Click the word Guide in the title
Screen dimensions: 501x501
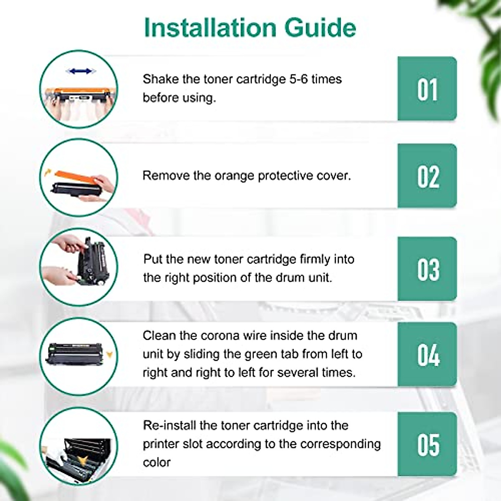click(x=320, y=28)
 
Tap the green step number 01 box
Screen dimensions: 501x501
click(x=427, y=89)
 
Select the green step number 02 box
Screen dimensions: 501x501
click(x=427, y=176)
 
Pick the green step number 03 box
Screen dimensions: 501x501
click(x=427, y=269)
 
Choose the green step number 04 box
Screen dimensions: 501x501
click(x=427, y=354)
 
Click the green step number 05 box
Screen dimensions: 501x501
click(x=427, y=444)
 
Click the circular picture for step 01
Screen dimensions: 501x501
click(x=78, y=89)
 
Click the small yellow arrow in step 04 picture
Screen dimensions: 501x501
click(x=109, y=355)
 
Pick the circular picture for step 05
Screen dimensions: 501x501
click(x=78, y=446)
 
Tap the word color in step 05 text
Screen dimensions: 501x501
click(x=157, y=463)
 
